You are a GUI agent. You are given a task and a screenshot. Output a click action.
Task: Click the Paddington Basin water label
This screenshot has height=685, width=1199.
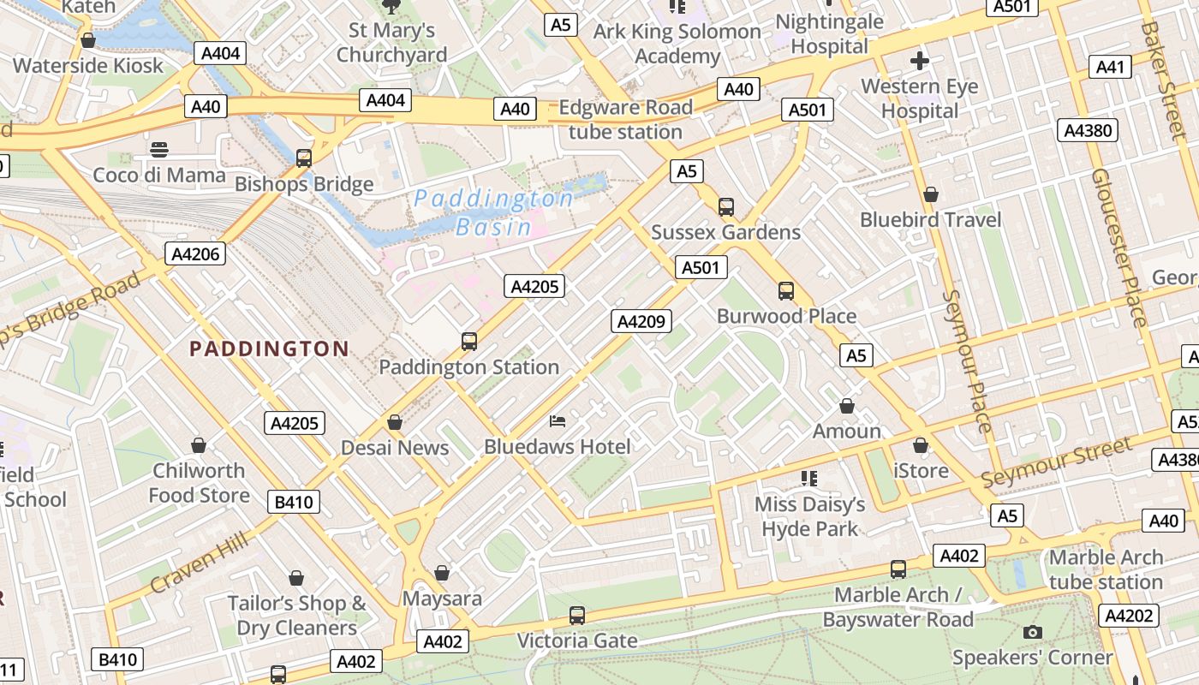click(x=493, y=212)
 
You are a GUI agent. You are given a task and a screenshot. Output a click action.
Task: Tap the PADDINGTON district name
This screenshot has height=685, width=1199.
click(x=269, y=348)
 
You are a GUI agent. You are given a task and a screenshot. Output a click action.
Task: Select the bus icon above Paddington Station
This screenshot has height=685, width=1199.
click(x=469, y=342)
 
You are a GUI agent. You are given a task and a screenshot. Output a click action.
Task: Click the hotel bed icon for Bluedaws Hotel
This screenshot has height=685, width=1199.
click(x=557, y=421)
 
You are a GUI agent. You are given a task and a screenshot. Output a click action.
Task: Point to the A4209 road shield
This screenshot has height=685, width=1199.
click(x=641, y=321)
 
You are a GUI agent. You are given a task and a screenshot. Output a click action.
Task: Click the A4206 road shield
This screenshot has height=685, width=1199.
click(x=195, y=253)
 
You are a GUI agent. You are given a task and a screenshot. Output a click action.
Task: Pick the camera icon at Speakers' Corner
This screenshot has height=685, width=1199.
click(x=1033, y=632)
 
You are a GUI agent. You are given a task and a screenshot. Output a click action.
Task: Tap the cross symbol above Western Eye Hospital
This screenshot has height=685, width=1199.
click(x=920, y=61)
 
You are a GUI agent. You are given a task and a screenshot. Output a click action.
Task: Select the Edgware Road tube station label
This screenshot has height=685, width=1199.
click(x=625, y=120)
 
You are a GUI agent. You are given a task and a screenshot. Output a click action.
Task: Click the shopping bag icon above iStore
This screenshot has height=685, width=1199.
click(x=921, y=445)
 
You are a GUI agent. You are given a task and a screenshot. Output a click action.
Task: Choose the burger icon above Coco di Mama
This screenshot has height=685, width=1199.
click(x=158, y=150)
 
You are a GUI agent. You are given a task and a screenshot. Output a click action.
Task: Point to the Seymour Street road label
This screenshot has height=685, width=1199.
click(x=1056, y=462)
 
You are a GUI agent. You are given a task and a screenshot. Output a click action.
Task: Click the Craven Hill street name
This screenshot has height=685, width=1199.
click(x=199, y=562)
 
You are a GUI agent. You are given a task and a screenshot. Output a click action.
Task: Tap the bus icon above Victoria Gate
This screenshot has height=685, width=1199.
click(x=577, y=615)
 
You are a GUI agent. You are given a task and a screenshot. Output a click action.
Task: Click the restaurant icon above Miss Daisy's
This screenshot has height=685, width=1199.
click(x=809, y=478)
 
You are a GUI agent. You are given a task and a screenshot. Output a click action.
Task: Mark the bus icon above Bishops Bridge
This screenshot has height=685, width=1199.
click(x=303, y=158)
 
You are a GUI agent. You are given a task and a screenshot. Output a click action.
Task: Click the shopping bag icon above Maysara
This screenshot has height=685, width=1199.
click(x=442, y=572)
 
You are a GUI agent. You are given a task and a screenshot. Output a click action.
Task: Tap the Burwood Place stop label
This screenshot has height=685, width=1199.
click(x=786, y=316)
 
